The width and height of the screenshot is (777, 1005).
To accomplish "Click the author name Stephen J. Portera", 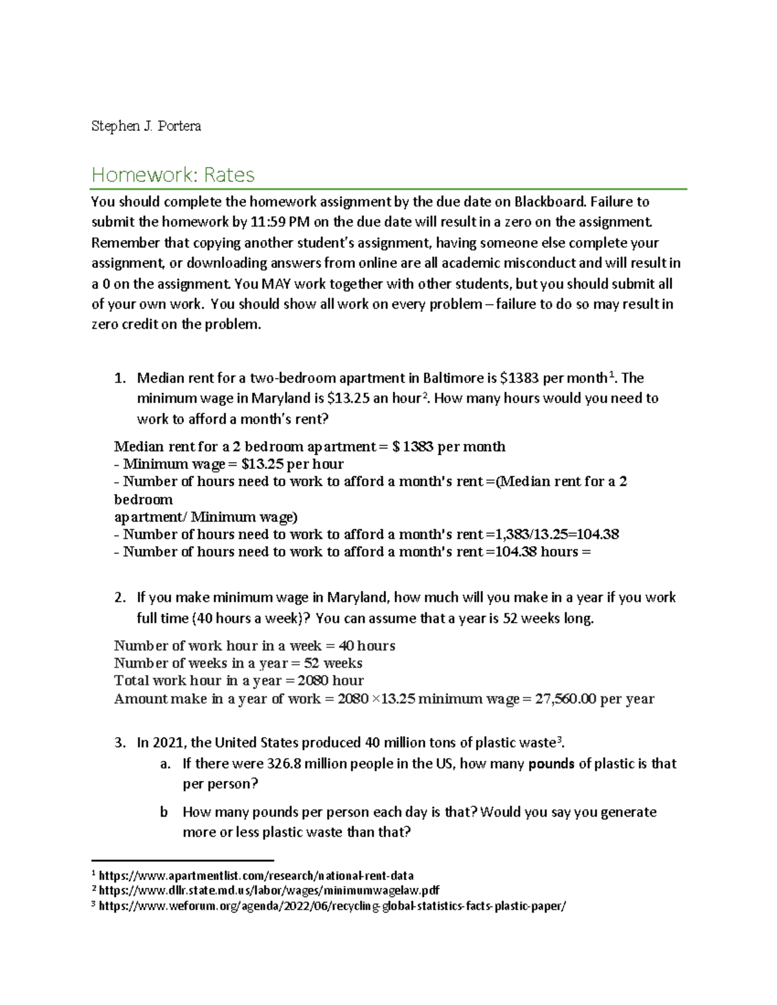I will [x=146, y=126].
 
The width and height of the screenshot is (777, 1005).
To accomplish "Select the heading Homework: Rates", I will [x=173, y=174].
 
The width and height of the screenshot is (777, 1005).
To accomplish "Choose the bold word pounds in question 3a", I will [x=552, y=764].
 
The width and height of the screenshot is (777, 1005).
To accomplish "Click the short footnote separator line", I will [x=183, y=861].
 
